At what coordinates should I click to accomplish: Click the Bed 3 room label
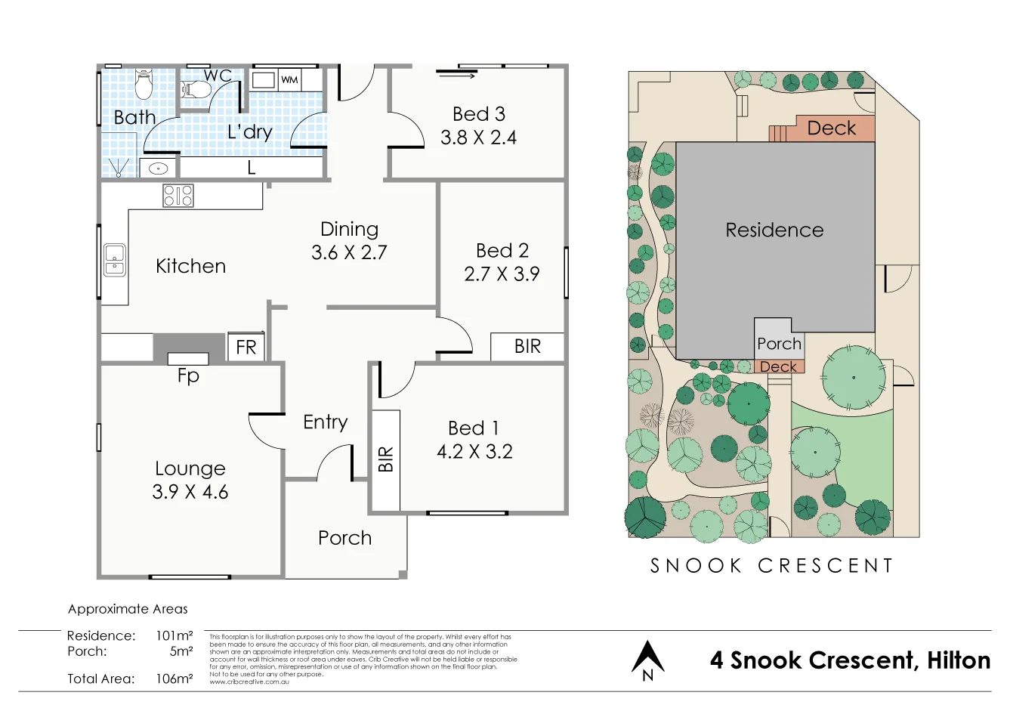[x=478, y=114]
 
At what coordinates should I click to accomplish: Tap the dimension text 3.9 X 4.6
[x=190, y=492]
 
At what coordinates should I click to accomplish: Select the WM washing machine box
[x=289, y=79]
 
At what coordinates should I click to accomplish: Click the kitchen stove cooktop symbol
[x=178, y=196]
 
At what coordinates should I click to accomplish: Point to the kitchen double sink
[x=115, y=260]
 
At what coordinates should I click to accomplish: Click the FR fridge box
[x=246, y=348]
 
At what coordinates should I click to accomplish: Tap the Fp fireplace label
[x=188, y=376]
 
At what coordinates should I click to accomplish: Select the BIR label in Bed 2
[x=527, y=347]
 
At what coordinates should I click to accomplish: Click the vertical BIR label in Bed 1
[x=386, y=459]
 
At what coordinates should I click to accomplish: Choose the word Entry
[x=326, y=422]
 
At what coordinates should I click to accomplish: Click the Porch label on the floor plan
[x=344, y=538]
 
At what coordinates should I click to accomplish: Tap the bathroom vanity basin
[x=158, y=168]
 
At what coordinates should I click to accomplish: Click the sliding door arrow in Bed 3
[x=457, y=75]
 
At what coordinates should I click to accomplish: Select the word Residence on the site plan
[x=774, y=230]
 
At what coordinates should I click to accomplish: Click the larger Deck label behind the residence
[x=832, y=128]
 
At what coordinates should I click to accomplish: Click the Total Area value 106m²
[x=174, y=678]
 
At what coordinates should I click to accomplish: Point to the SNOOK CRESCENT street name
[x=771, y=566]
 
